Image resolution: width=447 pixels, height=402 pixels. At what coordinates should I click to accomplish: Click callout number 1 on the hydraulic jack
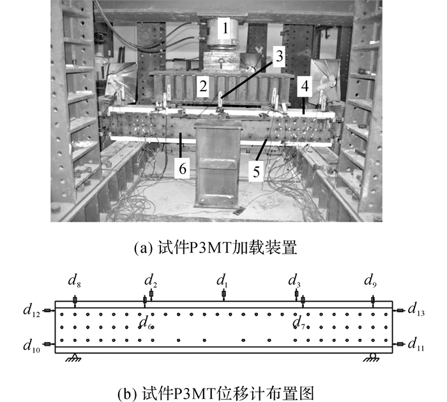[225, 29]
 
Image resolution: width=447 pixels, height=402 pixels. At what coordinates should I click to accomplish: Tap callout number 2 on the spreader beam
[203, 86]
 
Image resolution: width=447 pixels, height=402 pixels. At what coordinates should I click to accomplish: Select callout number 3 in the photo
[279, 56]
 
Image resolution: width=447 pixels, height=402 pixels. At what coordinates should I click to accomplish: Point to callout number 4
[305, 86]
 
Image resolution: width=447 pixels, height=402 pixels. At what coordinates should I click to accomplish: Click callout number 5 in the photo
[256, 171]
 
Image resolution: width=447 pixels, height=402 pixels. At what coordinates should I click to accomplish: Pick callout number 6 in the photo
[182, 169]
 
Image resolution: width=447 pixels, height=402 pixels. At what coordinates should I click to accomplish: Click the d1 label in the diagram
[222, 282]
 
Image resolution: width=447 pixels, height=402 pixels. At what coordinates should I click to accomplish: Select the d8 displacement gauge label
[74, 282]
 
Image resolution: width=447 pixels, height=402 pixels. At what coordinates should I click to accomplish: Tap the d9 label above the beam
[370, 282]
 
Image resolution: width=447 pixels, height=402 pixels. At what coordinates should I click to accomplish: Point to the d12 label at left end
[32, 311]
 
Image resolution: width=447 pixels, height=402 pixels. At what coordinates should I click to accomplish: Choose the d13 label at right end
[416, 310]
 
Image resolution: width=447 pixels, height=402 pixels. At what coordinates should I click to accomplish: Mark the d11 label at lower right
[416, 344]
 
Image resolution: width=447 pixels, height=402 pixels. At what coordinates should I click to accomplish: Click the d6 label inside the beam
[146, 323]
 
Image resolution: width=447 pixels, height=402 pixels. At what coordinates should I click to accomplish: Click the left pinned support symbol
[74, 357]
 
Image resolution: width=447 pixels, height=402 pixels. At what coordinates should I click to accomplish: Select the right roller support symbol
[372, 357]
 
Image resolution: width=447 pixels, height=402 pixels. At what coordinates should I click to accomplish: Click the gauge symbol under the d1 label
[223, 295]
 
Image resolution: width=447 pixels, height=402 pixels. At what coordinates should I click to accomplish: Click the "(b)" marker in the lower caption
[125, 394]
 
